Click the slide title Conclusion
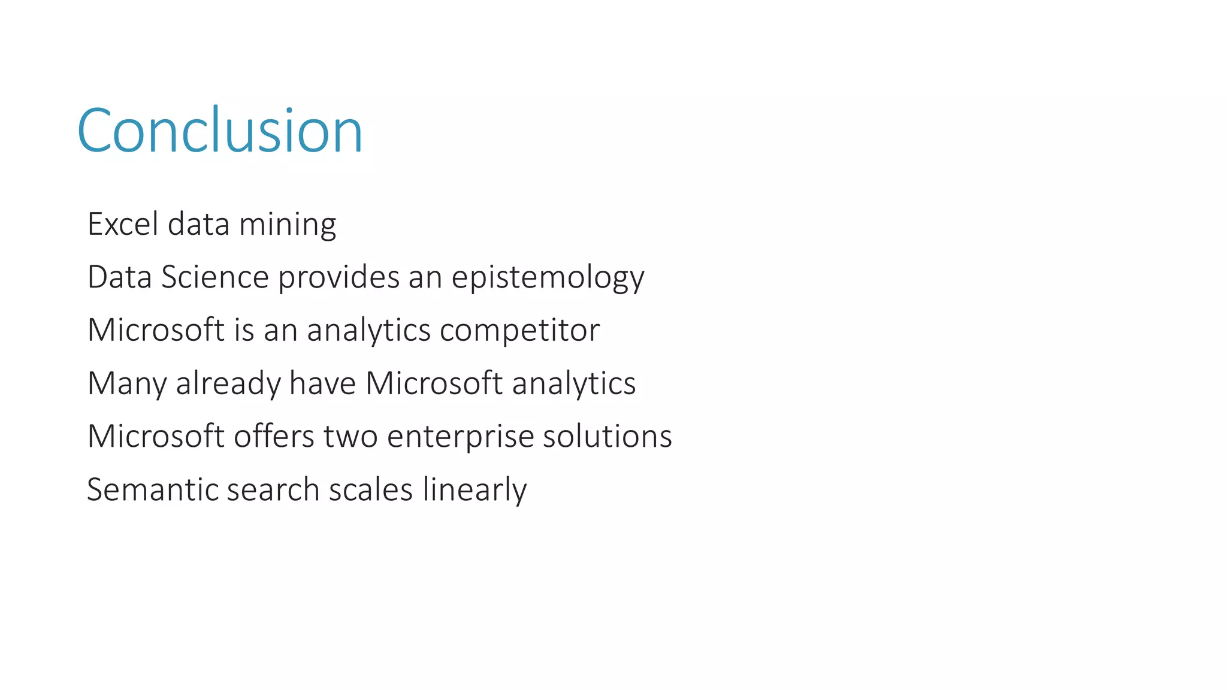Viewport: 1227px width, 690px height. click(220, 131)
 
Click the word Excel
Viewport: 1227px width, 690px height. click(123, 224)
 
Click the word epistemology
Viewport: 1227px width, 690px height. click(548, 278)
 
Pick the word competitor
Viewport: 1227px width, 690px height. click(519, 331)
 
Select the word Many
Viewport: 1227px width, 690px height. click(126, 384)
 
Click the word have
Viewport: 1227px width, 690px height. click(322, 383)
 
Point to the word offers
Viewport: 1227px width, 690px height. click(274, 436)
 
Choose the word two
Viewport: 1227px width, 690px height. click(350, 437)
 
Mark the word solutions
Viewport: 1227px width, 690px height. click(607, 436)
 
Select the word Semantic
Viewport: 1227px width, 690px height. click(152, 489)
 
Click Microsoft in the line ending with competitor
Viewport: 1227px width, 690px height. click(155, 330)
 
